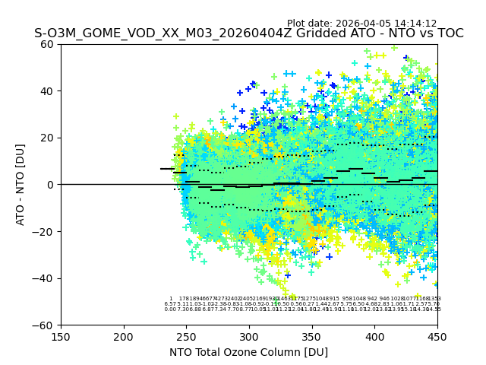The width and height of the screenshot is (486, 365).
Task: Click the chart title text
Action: [248, 33]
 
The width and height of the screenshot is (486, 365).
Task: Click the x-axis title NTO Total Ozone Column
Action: [248, 352]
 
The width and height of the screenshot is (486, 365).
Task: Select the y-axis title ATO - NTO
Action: [21, 185]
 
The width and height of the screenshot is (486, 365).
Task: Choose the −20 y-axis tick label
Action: [45, 231]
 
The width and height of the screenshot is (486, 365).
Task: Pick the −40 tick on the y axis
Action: [45, 278]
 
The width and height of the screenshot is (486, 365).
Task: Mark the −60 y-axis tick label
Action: [45, 325]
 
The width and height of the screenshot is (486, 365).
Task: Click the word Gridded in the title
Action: [293, 33]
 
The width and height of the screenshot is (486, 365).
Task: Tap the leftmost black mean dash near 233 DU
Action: [166, 169]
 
